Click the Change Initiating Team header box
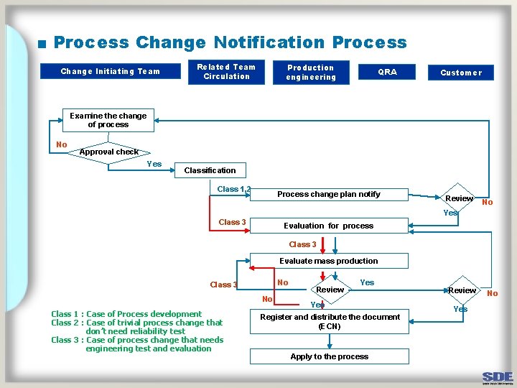tap(110, 71)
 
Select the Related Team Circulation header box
tap(226, 72)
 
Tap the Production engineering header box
tap(310, 73)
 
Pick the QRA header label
tap(387, 71)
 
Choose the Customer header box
tap(461, 73)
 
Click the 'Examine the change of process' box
tap(108, 120)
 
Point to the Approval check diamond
tap(108, 152)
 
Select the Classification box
tap(210, 170)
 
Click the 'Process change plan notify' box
tap(329, 194)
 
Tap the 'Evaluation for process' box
tap(329, 226)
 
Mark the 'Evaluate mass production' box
tap(329, 261)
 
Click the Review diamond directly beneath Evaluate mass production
tap(330, 290)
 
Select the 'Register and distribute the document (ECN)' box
tap(330, 321)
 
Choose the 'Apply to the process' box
tap(329, 356)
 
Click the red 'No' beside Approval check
tap(62, 144)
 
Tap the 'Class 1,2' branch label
tap(234, 189)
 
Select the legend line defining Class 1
tap(126, 314)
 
